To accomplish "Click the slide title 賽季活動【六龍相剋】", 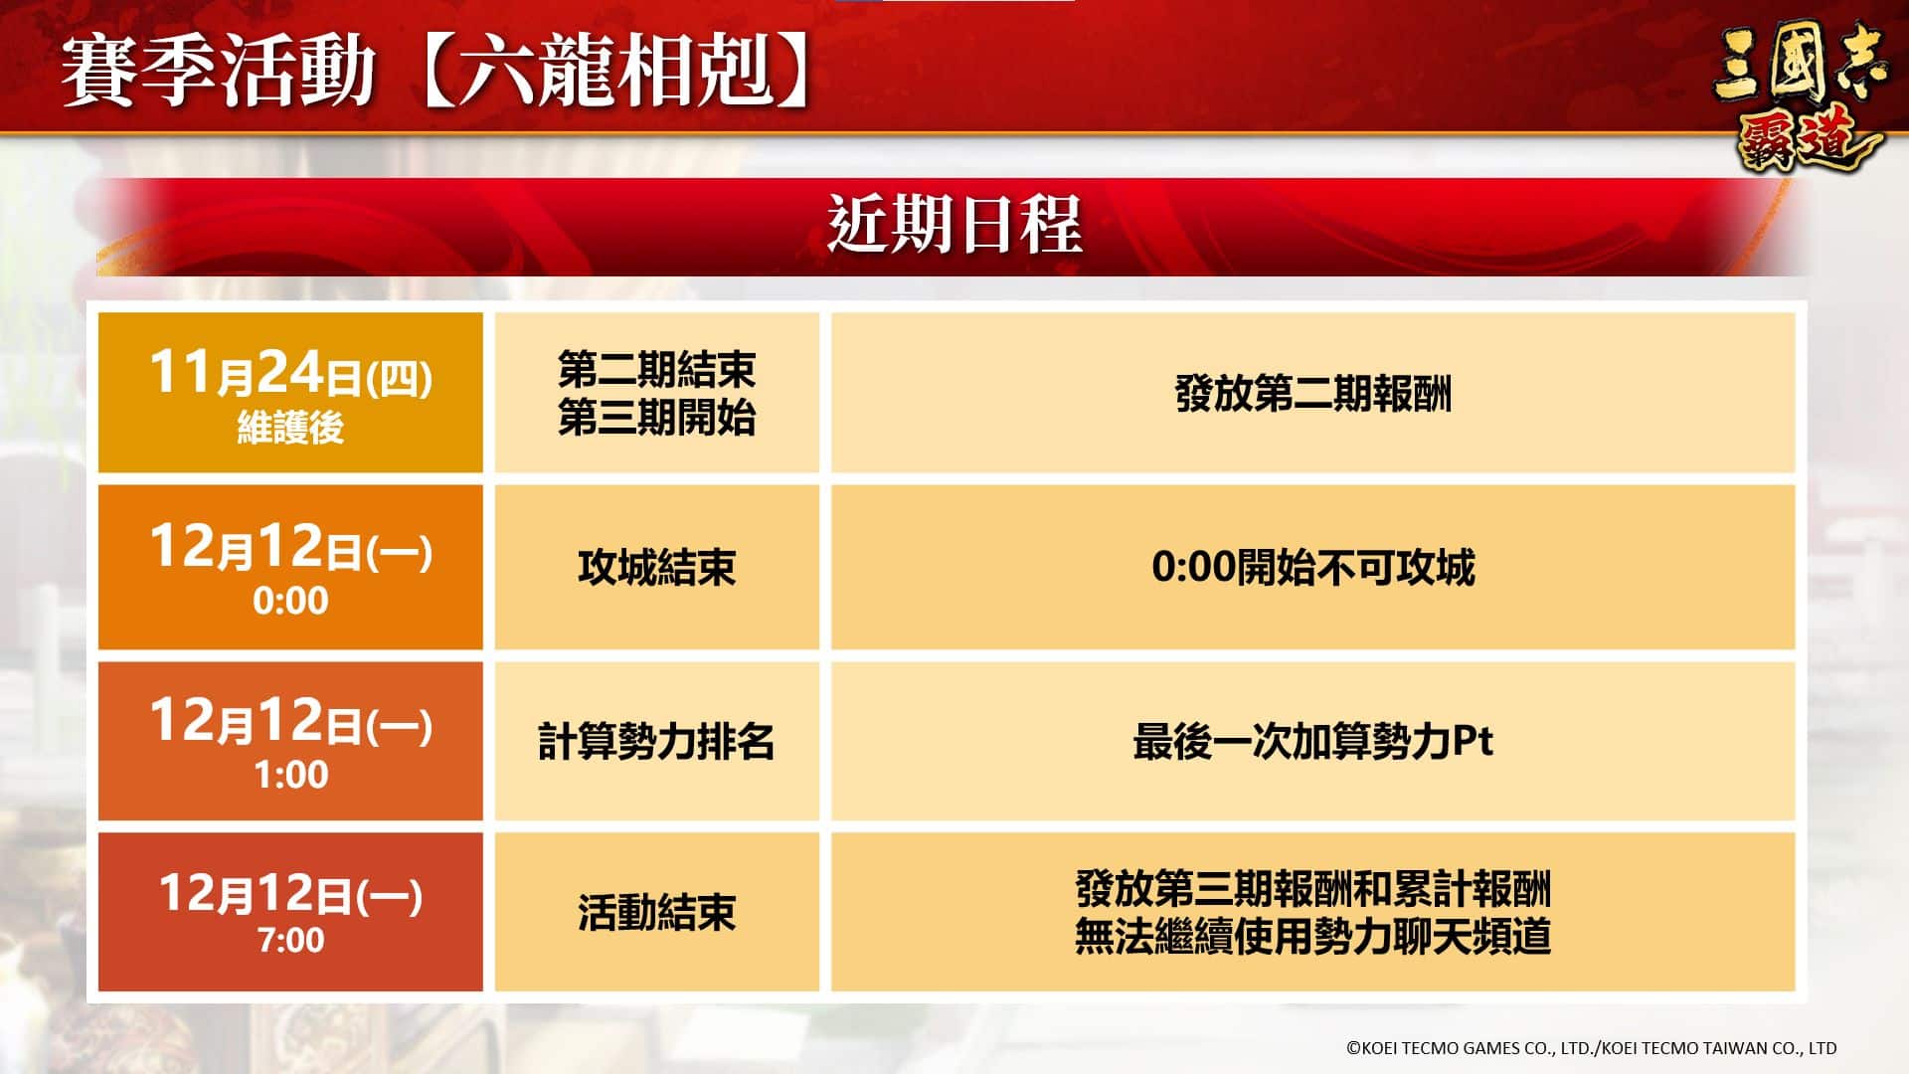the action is [435, 73].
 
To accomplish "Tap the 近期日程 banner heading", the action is [954, 225].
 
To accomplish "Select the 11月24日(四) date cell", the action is [290, 393].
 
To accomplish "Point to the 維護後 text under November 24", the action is [290, 428].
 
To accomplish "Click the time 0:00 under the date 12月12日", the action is [290, 601].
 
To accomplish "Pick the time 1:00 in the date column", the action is [290, 775].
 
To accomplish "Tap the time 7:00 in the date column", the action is [290, 940].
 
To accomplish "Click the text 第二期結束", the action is [656, 370].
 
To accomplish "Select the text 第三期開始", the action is [656, 418].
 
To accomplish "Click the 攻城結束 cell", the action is [656, 568].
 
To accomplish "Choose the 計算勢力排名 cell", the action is [656, 742].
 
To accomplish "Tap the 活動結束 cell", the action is [656, 913].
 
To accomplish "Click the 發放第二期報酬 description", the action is [1313, 394].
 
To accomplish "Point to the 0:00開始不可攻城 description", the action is [1313, 568].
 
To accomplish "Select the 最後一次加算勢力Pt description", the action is [1313, 742].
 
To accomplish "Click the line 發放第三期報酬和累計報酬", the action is [1313, 889].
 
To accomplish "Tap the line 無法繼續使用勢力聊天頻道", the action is [1313, 937].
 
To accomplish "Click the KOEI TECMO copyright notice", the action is [1591, 1047].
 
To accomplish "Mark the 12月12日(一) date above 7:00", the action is [290, 893].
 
